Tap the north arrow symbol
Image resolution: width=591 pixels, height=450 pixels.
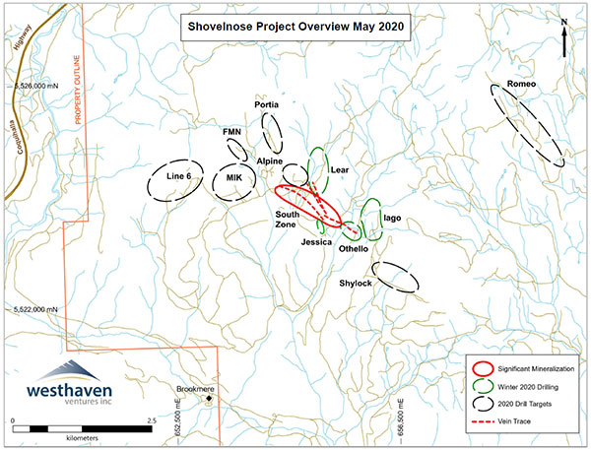pos(562,39)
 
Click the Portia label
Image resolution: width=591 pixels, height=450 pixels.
pos(266,104)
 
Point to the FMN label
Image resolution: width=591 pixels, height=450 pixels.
pos(231,131)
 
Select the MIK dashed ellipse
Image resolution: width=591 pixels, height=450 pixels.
pos(233,178)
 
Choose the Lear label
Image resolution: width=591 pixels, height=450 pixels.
pos(340,170)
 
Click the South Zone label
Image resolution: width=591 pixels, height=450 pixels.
pos(288,220)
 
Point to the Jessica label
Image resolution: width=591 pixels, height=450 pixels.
pos(315,240)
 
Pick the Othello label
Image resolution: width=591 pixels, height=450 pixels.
pos(353,250)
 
